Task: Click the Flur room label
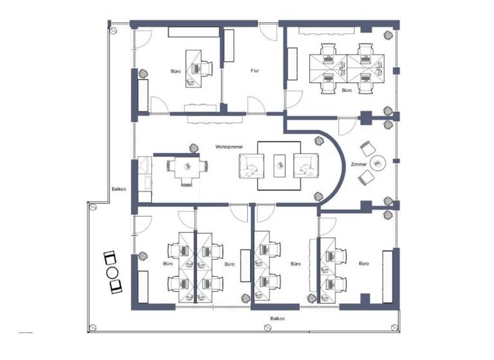255,71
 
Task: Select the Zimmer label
359,165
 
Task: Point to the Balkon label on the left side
118,189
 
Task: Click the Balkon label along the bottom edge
277,319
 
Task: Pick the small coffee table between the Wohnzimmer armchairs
280,165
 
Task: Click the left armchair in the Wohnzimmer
250,165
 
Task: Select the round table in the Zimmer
378,163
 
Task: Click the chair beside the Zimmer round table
366,147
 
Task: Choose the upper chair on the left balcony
109,258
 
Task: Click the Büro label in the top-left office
176,71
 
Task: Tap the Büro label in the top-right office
347,91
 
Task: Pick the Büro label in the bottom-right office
364,264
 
